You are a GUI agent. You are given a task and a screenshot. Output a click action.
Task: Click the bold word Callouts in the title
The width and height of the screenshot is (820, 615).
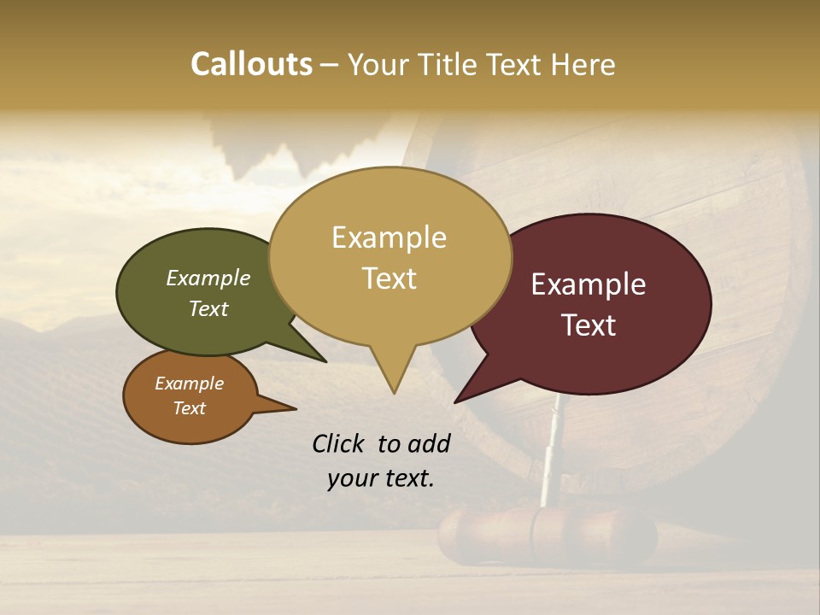pyautogui.click(x=251, y=64)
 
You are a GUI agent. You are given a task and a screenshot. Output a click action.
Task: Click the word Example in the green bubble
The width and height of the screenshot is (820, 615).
pyautogui.click(x=208, y=278)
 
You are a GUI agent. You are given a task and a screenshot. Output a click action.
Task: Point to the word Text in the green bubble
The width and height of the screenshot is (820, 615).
pyautogui.click(x=208, y=308)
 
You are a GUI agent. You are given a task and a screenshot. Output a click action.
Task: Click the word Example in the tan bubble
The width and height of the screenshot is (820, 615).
pyautogui.click(x=389, y=237)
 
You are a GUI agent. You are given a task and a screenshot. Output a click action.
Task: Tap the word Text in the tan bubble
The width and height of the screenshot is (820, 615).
pyautogui.click(x=389, y=278)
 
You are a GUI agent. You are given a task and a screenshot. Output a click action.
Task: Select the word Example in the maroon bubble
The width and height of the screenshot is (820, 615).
pyautogui.click(x=589, y=284)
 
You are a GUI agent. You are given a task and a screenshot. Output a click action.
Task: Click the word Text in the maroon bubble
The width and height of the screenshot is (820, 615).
pyautogui.click(x=589, y=325)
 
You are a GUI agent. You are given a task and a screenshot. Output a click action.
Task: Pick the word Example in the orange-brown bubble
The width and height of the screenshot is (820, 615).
pyautogui.click(x=189, y=384)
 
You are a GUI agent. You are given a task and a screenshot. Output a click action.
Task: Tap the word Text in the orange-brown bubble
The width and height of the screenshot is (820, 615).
pyautogui.click(x=189, y=408)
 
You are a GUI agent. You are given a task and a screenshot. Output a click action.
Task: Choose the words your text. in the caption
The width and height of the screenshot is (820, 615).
pyautogui.click(x=380, y=478)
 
